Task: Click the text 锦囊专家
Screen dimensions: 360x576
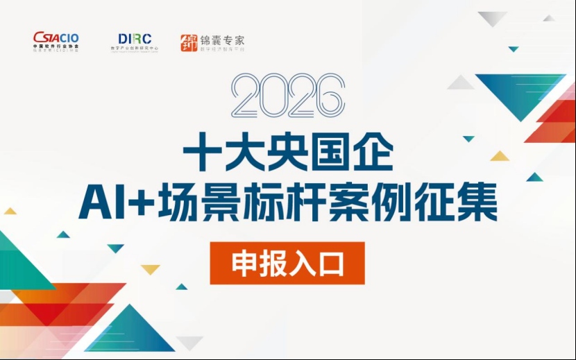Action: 221,40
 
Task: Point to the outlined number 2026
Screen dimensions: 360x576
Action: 288,95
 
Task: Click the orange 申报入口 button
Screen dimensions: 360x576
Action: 287,263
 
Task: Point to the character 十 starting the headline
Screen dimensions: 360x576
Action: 201,155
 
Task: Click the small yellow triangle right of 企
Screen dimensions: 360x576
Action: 500,156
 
